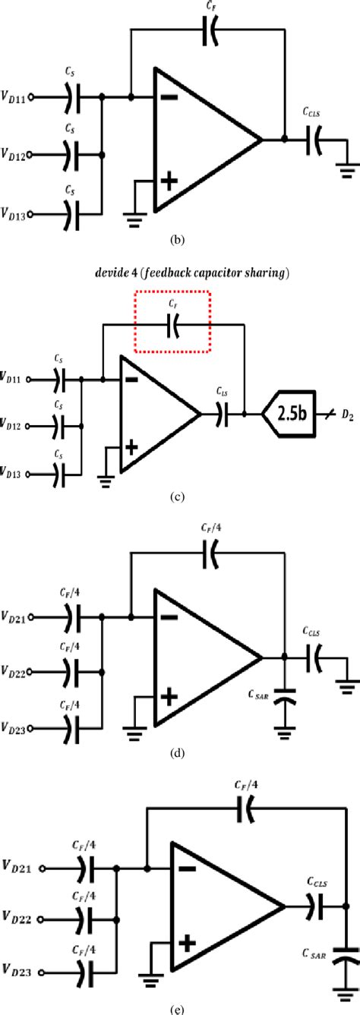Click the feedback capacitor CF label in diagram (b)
pos(210,10)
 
